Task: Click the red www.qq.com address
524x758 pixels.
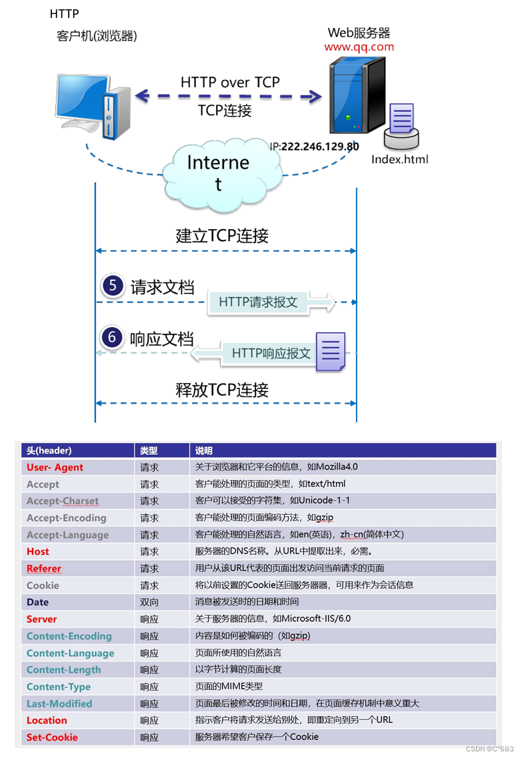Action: [359, 47]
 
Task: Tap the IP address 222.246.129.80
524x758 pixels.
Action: [320, 147]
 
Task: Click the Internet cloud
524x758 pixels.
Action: [218, 171]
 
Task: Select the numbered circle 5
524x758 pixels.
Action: [113, 286]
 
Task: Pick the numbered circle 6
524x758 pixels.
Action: [112, 337]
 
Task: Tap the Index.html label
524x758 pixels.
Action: [399, 159]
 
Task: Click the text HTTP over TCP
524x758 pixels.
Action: [230, 82]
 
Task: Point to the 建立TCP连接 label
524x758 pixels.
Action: [222, 235]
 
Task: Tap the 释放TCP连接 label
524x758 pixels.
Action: [222, 390]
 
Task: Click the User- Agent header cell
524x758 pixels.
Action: [55, 468]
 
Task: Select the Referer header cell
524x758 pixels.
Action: [44, 569]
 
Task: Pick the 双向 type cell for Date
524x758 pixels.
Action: [149, 602]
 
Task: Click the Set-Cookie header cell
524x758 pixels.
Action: [52, 737]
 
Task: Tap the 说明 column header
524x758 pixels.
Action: [203, 451]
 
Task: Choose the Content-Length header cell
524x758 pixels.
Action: [63, 670]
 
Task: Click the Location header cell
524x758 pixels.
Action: [47, 721]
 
